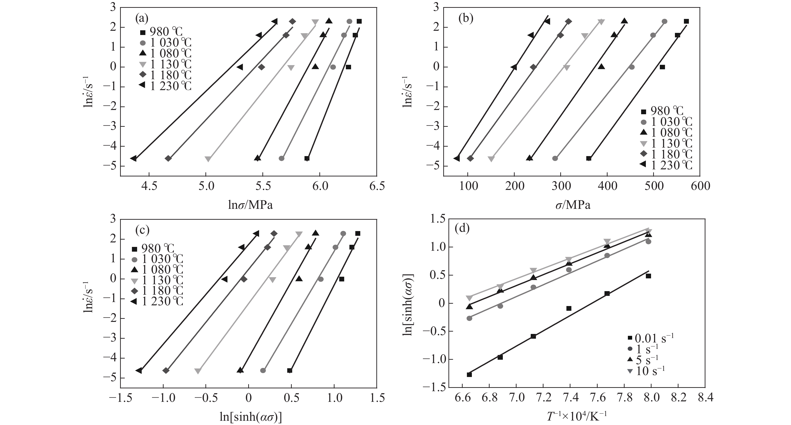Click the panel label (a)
click(x=142, y=19)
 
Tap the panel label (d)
click(x=463, y=229)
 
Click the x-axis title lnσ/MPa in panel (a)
click(x=250, y=205)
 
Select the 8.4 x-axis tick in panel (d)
click(x=705, y=398)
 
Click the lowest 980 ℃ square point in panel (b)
click(x=589, y=158)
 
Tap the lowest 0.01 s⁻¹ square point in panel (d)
click(x=469, y=375)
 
